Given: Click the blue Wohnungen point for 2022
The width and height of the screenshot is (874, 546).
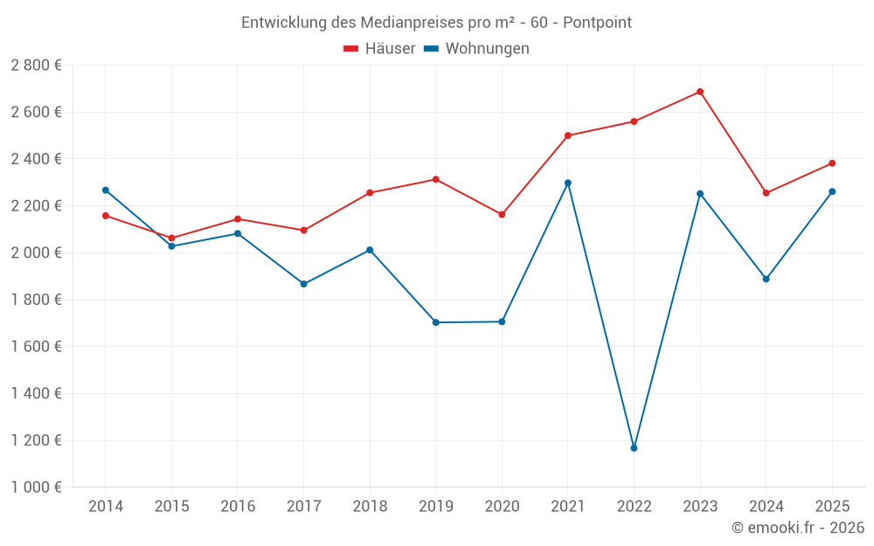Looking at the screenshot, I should tap(634, 448).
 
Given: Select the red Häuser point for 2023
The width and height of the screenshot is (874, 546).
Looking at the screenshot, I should tap(700, 92).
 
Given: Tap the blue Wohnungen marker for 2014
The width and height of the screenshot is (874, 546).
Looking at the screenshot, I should tap(106, 190).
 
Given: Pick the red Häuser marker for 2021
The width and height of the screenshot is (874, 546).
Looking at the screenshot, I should tap(568, 135).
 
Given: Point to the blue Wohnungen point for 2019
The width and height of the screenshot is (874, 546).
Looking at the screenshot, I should tap(436, 322).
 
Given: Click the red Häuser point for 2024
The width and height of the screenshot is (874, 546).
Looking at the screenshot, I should tap(766, 193).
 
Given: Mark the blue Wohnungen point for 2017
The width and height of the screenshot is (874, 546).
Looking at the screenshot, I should tap(303, 284).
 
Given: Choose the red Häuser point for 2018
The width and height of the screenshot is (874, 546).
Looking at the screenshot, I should tap(370, 193).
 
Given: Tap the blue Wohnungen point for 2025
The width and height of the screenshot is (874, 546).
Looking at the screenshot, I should tap(832, 191).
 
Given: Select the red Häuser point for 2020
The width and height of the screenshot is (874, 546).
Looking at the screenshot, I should tap(502, 214).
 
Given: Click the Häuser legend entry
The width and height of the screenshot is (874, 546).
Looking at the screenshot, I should tap(379, 49).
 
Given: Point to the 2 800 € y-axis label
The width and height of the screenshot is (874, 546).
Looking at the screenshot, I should tap(36, 66).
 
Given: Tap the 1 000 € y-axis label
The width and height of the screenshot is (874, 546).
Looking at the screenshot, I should tap(36, 487).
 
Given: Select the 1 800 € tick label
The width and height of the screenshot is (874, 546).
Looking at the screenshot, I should tap(36, 300).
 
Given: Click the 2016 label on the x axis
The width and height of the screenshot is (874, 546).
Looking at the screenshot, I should tap(238, 507).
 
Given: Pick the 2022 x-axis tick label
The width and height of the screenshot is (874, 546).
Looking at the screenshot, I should tap(634, 507).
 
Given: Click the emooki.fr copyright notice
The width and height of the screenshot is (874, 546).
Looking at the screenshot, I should tap(798, 528).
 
